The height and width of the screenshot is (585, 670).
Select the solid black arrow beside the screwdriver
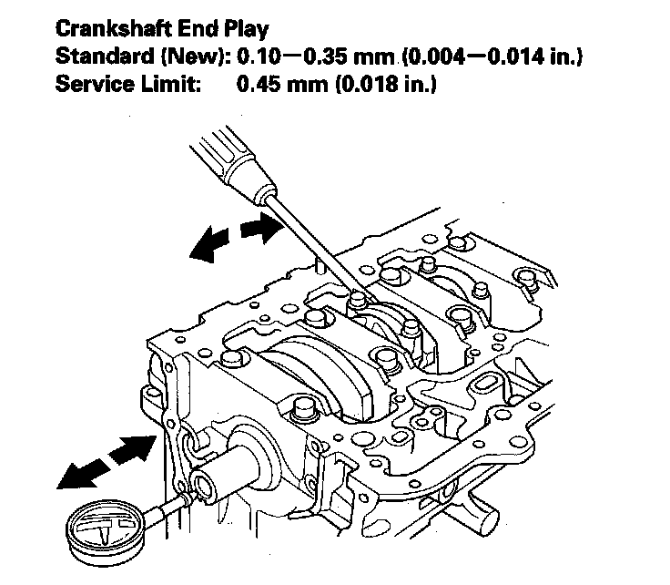[212, 245]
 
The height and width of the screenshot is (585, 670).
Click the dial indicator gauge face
[100, 529]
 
